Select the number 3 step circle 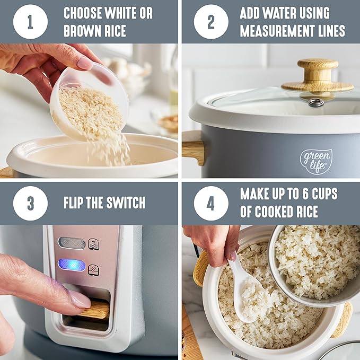(x=31, y=203)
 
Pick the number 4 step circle (x=211, y=203)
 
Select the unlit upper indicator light (x=72, y=243)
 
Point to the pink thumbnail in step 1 (x=85, y=64)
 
